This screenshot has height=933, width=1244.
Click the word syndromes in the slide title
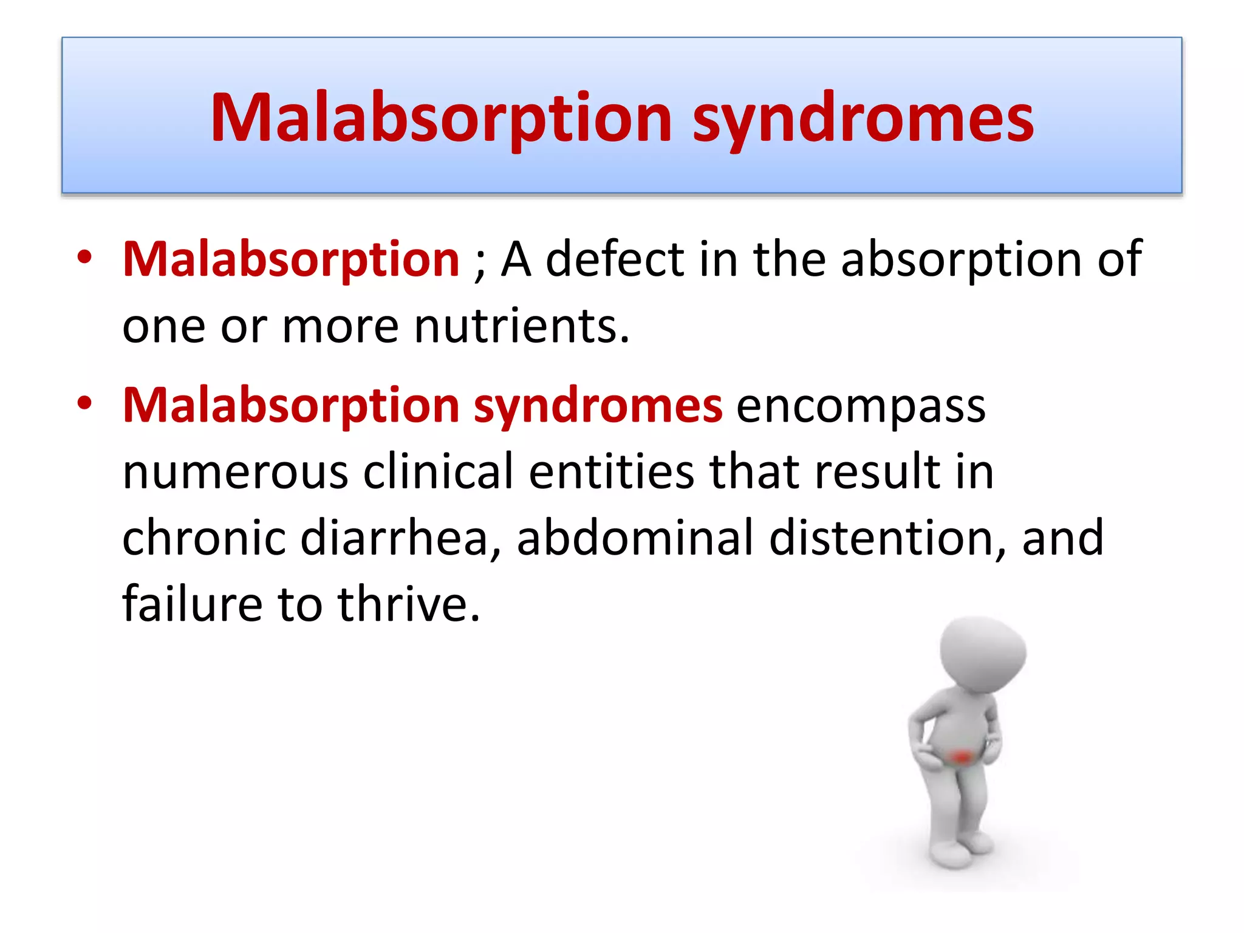863,118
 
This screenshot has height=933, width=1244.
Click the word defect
615,259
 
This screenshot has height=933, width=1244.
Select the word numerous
235,472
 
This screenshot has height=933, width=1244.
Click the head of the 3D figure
982,653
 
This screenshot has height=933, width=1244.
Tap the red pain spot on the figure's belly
962,757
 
